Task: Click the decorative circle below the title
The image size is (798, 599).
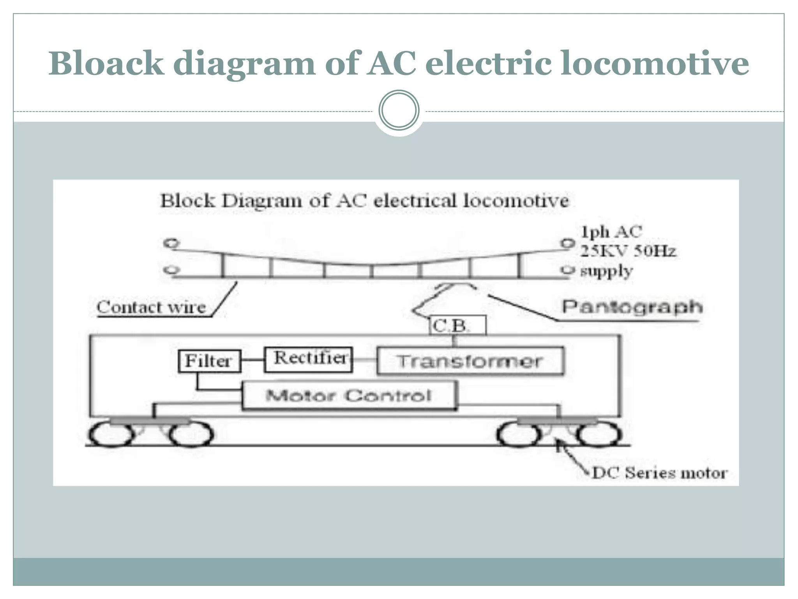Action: [399, 110]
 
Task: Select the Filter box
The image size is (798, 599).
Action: [209, 361]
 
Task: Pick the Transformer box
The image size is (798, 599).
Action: [470, 361]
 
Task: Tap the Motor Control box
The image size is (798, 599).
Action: [349, 395]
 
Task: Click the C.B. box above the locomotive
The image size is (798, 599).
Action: [457, 325]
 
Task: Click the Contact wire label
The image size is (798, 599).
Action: [151, 307]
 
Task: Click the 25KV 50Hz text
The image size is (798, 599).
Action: [628, 251]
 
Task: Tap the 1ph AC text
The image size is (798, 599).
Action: [611, 232]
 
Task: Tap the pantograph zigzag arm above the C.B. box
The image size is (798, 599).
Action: [433, 300]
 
